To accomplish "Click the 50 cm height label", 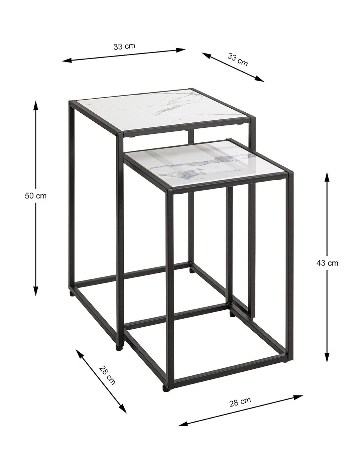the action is tap(35, 196).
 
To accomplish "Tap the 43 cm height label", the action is tap(327, 263).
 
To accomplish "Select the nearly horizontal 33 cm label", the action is tap(124, 46).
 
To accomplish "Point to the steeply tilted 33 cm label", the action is tap(237, 60).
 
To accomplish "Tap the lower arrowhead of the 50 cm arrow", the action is tap(36, 290).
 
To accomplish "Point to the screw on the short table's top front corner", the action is tap(167, 191).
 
